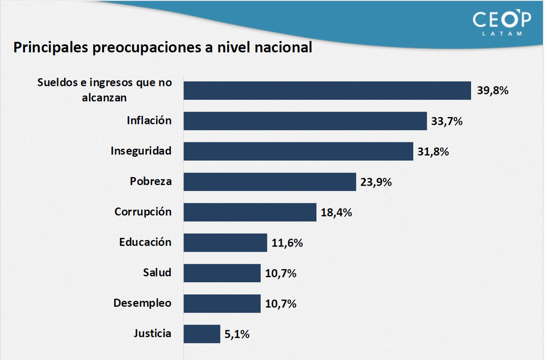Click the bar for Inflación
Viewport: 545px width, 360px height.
305,121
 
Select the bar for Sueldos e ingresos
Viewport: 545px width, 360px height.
327,90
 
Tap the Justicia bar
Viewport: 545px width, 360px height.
202,334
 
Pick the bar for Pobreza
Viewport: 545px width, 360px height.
270,182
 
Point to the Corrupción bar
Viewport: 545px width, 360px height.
250,212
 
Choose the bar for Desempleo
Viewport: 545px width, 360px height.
222,303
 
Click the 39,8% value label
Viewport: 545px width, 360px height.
493,91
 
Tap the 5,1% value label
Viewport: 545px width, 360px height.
237,334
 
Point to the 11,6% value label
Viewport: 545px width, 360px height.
287,243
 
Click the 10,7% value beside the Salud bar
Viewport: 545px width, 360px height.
280,273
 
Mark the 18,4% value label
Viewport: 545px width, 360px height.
336,212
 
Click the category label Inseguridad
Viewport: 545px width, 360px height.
141,151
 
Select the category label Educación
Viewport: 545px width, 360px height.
145,242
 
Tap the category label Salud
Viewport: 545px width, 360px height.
157,273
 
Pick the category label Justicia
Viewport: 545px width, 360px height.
152,333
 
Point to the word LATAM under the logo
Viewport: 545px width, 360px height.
502,34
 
